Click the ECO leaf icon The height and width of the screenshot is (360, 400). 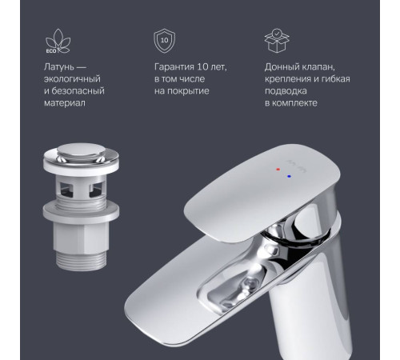[58, 42]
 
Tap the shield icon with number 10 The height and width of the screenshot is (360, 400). [165, 41]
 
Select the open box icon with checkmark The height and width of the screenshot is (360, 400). [277, 41]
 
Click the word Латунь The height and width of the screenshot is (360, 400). [59, 67]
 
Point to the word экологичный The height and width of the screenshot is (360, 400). [72, 79]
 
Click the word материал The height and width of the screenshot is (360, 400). [65, 103]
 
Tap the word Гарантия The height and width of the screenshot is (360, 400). [174, 67]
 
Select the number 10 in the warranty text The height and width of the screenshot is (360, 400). [202, 66]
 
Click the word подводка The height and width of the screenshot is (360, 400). [286, 91]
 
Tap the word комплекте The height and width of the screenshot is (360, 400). [294, 103]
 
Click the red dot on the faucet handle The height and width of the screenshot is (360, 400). [278, 170]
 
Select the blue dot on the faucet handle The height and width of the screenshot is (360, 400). [290, 176]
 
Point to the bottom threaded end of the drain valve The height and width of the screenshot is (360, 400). [82, 259]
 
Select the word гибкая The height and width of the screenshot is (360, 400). [336, 79]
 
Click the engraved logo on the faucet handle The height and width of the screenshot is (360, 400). [297, 166]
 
